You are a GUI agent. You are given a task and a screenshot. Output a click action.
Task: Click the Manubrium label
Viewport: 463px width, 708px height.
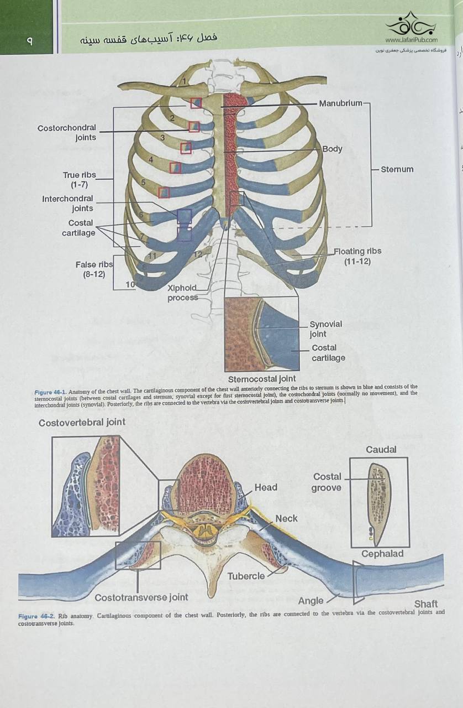click(340, 103)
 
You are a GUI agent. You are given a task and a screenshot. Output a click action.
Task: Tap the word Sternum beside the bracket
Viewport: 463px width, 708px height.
click(397, 169)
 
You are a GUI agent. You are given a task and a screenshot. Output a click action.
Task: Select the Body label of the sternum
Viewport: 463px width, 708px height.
click(332, 149)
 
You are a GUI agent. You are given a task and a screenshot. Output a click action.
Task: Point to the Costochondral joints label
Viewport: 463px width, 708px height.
click(67, 133)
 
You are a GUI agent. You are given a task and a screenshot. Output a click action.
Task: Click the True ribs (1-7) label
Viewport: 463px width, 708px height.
click(79, 180)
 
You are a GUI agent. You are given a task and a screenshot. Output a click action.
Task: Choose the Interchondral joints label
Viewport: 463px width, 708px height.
click(68, 204)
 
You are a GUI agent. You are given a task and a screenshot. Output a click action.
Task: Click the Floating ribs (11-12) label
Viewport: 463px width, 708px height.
click(357, 256)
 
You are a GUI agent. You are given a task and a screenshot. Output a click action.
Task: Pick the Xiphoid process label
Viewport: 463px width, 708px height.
click(182, 293)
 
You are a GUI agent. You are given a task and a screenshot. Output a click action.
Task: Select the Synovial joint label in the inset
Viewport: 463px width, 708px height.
click(325, 329)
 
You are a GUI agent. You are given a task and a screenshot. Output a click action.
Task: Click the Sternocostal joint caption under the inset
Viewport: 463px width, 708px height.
click(262, 379)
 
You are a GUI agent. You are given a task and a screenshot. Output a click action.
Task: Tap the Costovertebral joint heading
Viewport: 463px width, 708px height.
click(82, 422)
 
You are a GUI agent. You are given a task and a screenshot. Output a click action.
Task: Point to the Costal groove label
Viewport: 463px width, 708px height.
click(327, 482)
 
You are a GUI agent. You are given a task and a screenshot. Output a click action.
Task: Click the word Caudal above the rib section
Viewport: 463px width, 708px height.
click(381, 450)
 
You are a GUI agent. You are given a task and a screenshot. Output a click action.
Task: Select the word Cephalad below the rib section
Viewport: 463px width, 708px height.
click(382, 554)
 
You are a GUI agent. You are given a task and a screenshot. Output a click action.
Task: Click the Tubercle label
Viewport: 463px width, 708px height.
click(246, 576)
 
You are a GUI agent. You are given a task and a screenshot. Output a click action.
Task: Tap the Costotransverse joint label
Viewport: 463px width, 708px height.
click(141, 597)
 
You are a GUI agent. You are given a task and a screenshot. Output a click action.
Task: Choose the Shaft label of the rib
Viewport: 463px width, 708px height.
click(426, 603)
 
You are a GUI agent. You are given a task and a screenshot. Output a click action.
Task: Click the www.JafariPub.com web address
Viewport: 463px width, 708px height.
click(411, 40)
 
